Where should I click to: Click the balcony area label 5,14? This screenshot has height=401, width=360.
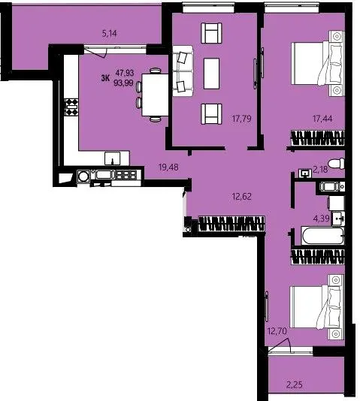[110, 34]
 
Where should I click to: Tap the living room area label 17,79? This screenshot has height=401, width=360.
[241, 119]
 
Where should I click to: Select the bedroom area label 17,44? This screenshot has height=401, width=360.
[322, 119]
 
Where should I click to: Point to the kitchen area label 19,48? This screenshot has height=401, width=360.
[168, 167]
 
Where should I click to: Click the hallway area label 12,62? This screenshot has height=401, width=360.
[241, 197]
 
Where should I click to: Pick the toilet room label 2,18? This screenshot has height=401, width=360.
[320, 169]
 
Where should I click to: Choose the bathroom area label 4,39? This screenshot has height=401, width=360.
[322, 219]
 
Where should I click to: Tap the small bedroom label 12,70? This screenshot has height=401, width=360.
[277, 331]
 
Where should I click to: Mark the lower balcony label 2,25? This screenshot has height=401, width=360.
[295, 384]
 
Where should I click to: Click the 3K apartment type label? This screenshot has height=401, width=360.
[105, 78]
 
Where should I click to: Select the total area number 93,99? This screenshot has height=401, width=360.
[124, 83]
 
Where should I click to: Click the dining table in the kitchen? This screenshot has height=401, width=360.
[155, 95]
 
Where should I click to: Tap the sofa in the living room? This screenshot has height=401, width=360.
[183, 71]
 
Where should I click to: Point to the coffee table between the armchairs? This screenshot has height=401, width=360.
[212, 74]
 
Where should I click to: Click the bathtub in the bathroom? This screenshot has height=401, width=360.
[322, 236]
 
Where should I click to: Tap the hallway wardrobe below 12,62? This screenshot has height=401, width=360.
[231, 224]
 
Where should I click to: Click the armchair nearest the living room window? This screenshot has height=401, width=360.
[211, 33]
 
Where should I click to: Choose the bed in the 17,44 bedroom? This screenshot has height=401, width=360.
[318, 64]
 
